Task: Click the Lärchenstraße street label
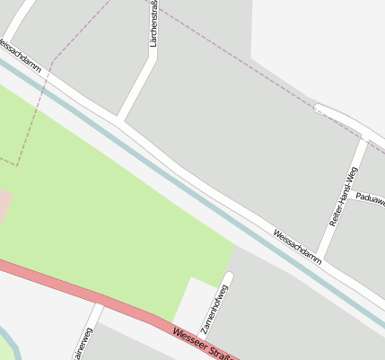[154, 22]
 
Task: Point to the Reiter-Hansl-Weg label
[343, 196]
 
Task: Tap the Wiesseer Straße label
[201, 344]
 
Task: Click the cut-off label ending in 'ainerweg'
[83, 344]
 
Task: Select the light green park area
[108, 206]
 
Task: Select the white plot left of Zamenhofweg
[190, 302]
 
